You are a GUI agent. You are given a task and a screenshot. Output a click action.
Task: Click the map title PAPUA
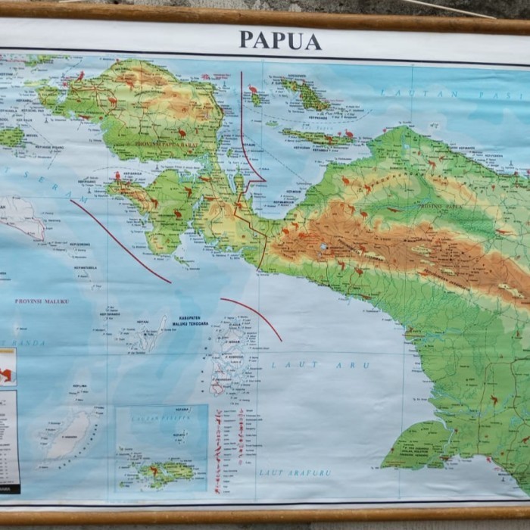coord(280,40)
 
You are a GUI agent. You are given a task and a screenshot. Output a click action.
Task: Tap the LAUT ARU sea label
coord(320,365)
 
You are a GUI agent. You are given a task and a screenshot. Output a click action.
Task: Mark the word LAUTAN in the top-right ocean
coord(407,93)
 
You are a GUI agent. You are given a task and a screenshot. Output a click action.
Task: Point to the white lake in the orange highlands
coord(324,247)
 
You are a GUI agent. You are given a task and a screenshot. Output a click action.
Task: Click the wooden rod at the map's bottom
coord(265,516)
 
